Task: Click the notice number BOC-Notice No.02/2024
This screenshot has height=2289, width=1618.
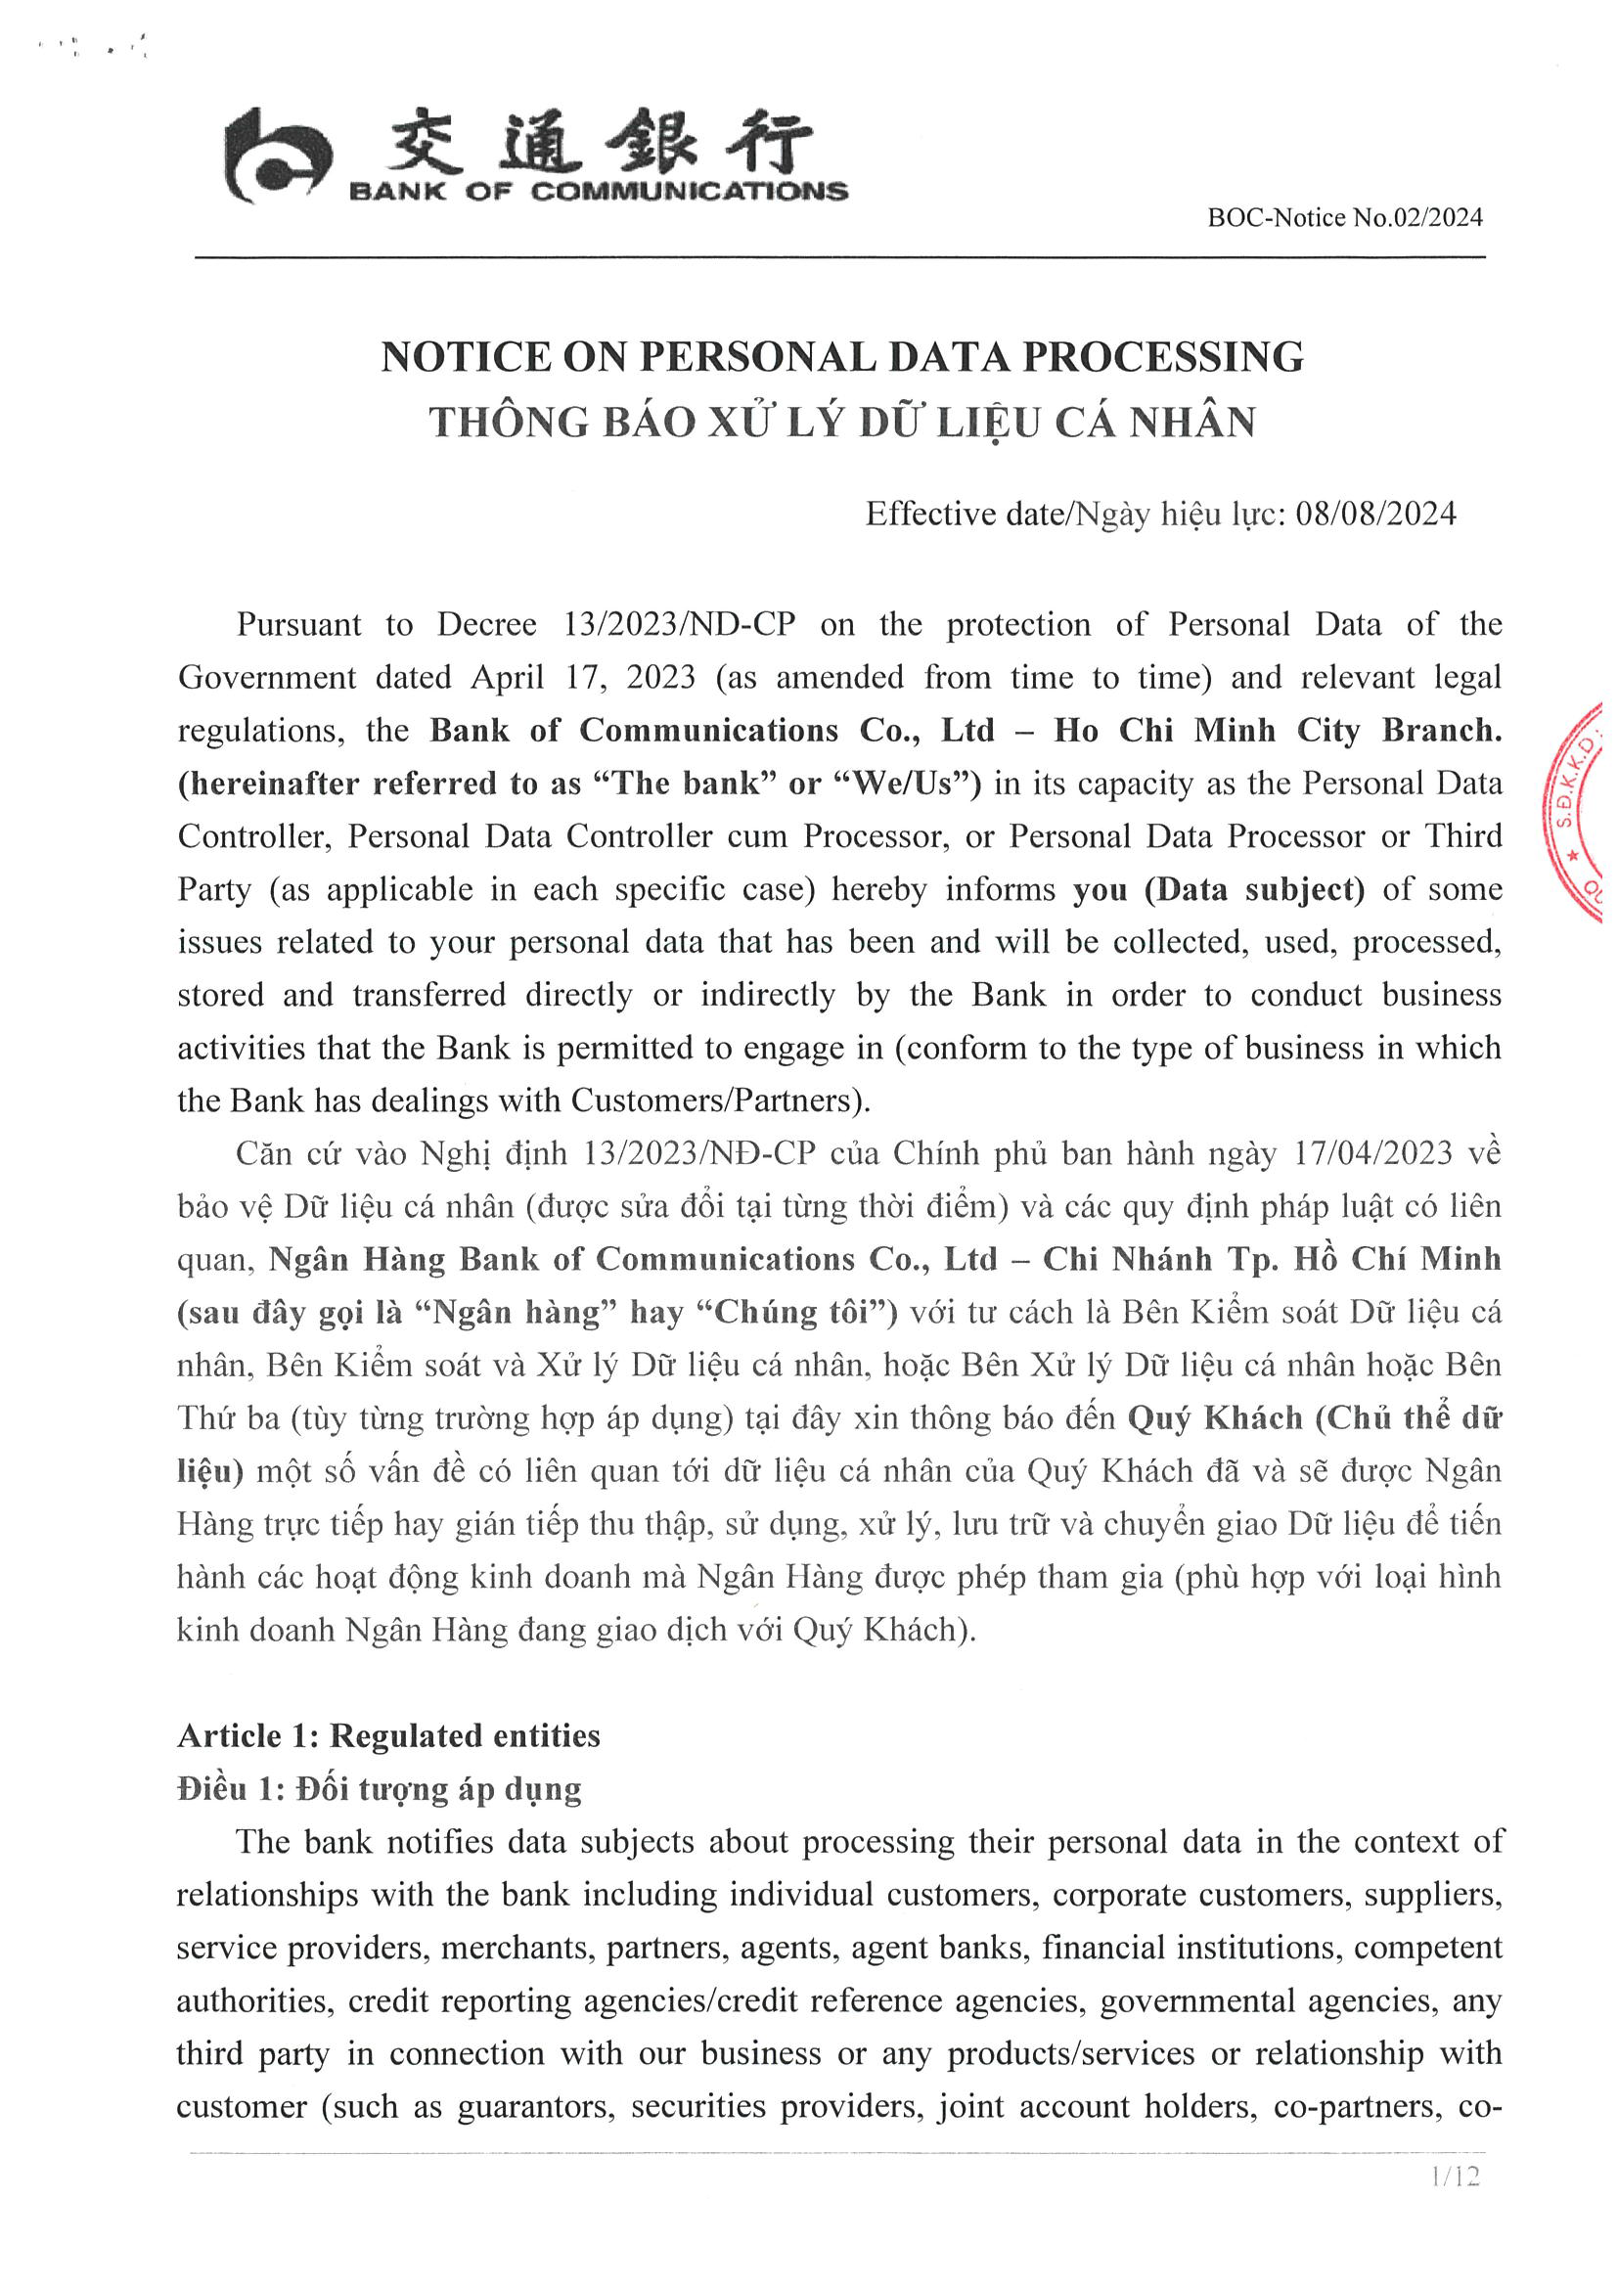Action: (1344, 217)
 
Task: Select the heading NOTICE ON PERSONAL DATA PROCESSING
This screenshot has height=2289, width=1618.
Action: (841, 357)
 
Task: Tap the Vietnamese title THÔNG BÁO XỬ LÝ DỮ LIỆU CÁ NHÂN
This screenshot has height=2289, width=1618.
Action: (841, 422)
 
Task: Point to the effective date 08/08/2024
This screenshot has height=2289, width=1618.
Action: (1375, 514)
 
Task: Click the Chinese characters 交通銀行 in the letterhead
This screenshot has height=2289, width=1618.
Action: (598, 142)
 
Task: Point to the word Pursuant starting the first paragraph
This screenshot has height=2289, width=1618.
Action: (299, 625)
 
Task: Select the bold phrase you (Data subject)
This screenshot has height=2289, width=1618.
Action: (1218, 889)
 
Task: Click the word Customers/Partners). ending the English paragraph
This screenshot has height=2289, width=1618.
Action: (721, 1100)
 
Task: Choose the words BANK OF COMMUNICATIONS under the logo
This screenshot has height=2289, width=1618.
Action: (598, 192)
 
